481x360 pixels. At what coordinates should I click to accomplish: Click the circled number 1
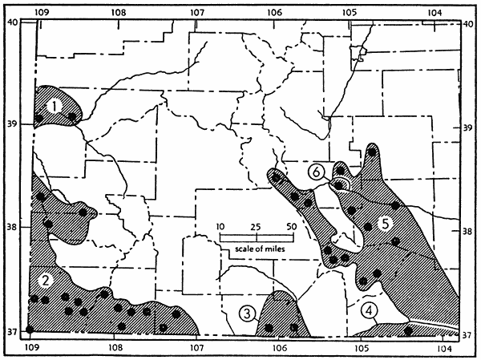[x=53, y=105]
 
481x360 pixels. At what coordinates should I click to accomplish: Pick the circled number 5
[x=385, y=224]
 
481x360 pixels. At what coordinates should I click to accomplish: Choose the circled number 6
[x=317, y=172]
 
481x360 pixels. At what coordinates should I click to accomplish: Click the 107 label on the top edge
[x=196, y=13]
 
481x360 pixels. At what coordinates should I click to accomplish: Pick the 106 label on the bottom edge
[x=279, y=350]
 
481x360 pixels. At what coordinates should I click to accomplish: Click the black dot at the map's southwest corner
[x=30, y=330]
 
